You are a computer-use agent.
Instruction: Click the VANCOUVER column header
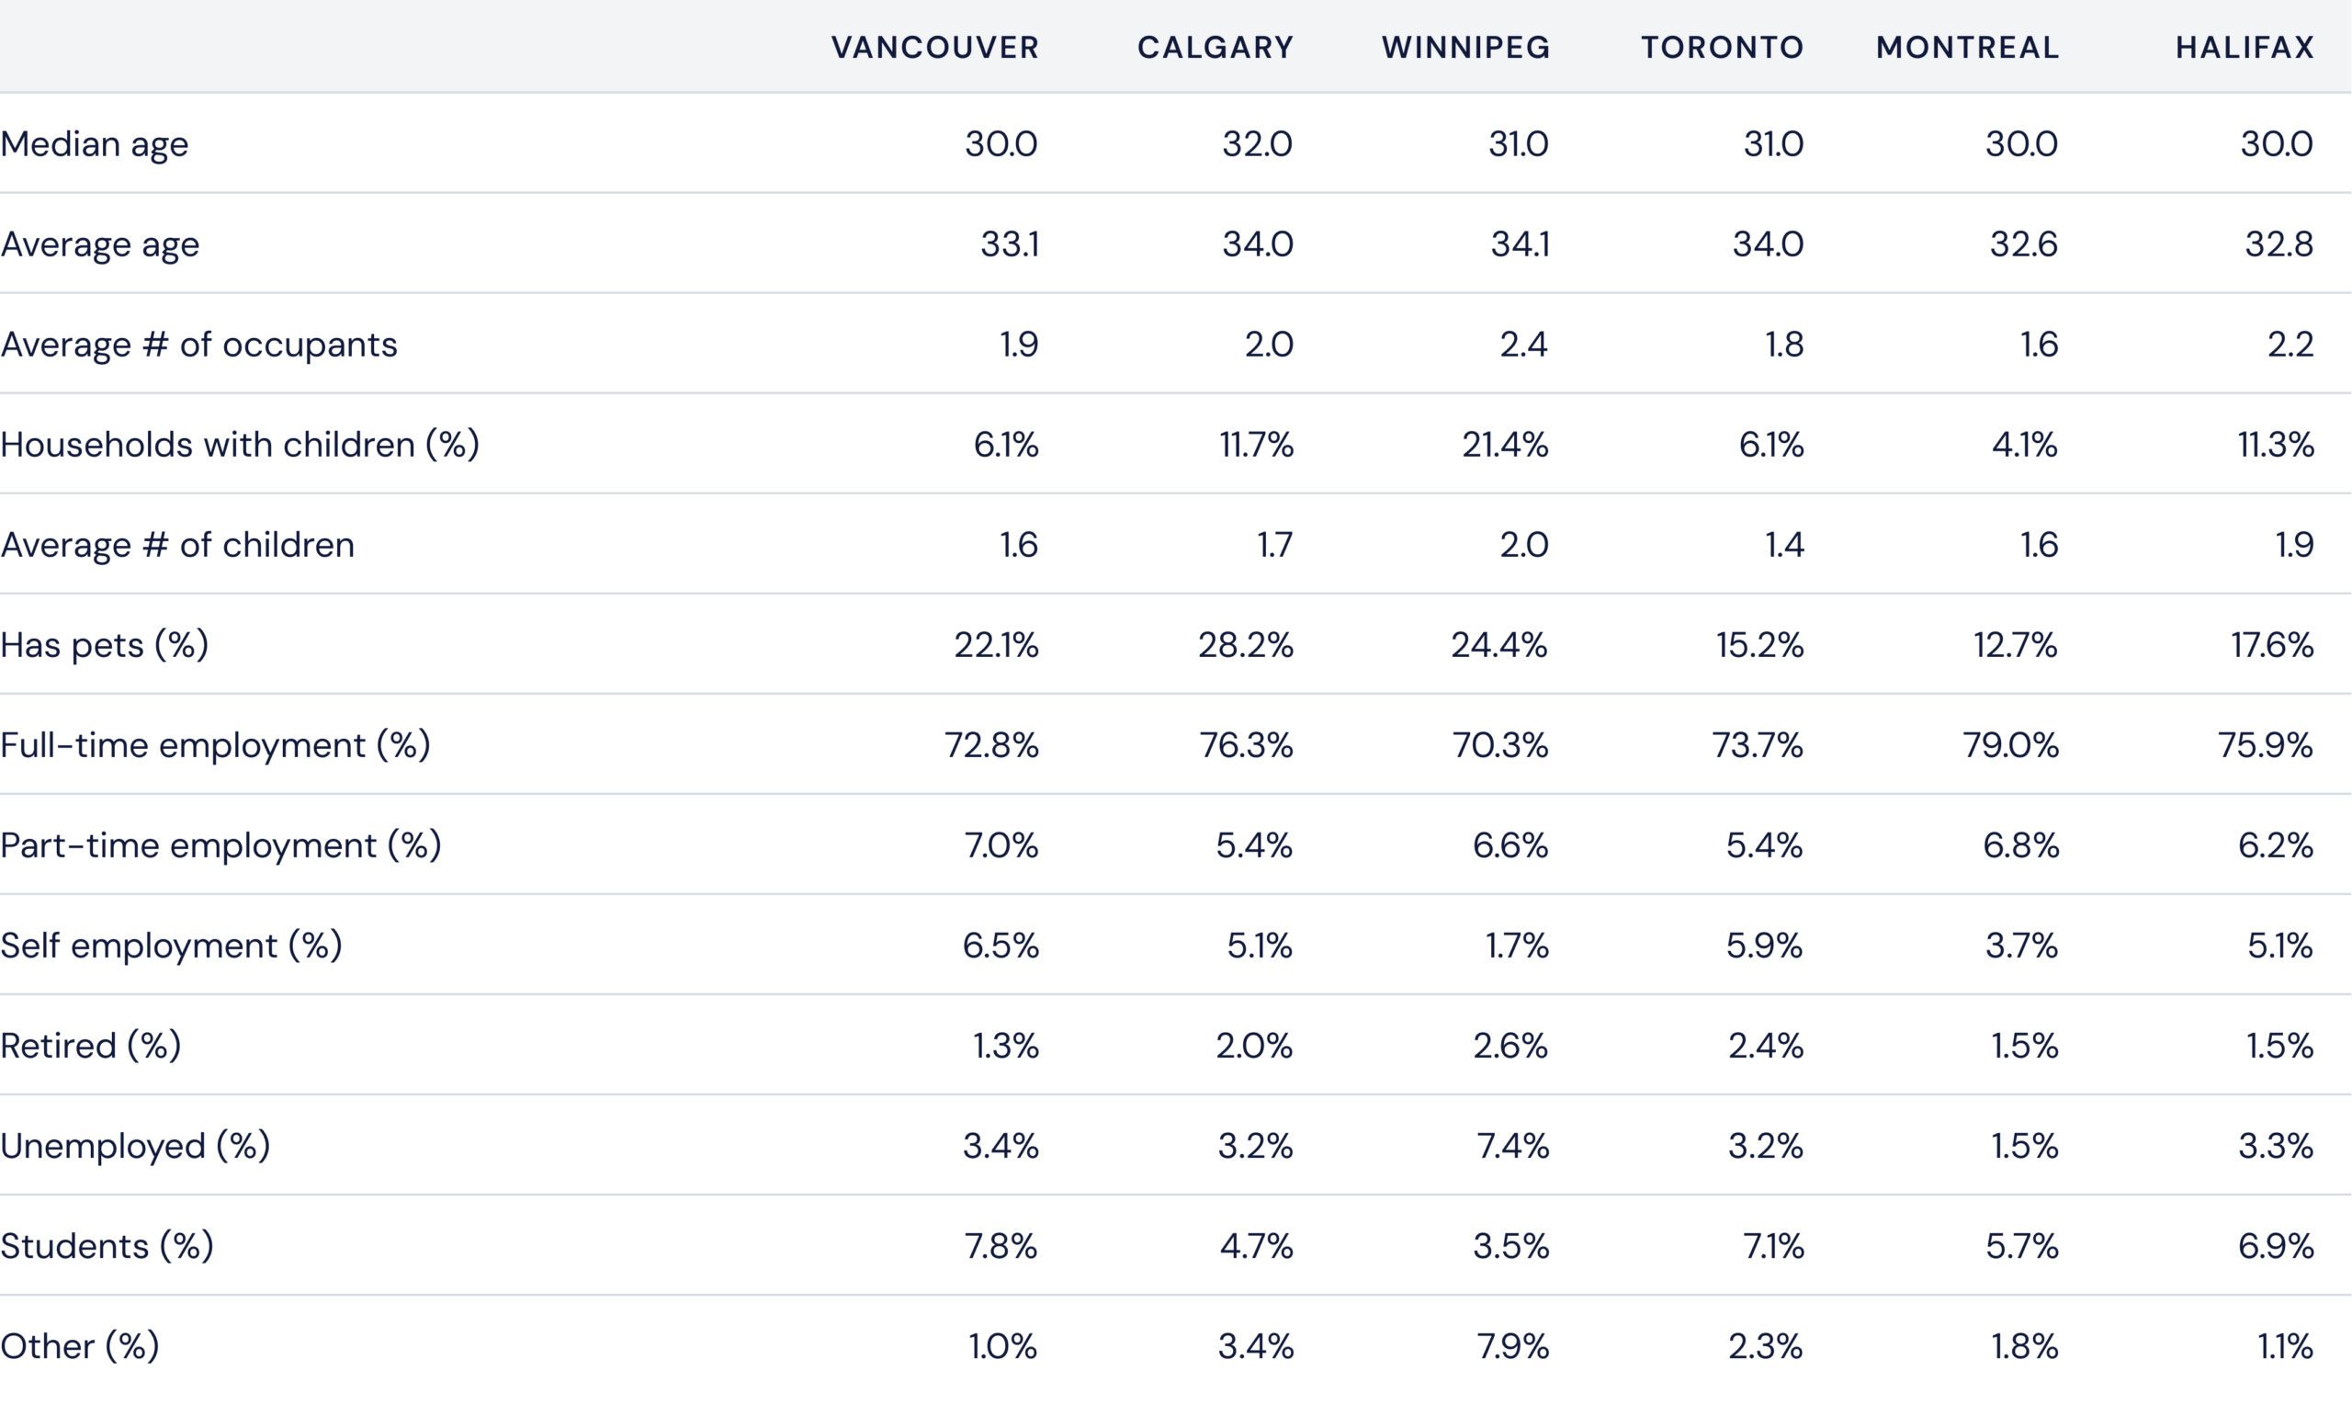click(935, 48)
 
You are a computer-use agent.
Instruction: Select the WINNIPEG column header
click(1466, 48)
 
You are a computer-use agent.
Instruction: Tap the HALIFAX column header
click(2245, 48)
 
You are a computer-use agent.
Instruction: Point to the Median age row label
click(95, 144)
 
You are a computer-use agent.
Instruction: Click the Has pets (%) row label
click(104, 645)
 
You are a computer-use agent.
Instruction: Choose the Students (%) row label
click(107, 1246)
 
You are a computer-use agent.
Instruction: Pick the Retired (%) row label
click(91, 1045)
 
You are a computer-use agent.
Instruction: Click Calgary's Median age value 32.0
click(1257, 144)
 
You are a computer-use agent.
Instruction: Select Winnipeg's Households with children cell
click(1505, 444)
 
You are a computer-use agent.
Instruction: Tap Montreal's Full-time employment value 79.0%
click(2010, 745)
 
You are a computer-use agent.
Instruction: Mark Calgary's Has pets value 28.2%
click(1246, 645)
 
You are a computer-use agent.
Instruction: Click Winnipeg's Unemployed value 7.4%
click(1512, 1146)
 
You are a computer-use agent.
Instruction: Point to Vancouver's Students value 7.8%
click(1001, 1246)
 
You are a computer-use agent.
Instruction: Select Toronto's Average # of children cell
click(1784, 544)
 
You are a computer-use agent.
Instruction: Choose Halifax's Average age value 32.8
click(2278, 244)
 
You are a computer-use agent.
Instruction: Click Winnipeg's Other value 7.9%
click(1512, 1346)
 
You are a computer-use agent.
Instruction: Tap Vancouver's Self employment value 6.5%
click(1001, 945)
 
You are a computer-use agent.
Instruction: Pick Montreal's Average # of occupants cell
click(2039, 345)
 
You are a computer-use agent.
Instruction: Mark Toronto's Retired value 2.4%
click(1765, 1045)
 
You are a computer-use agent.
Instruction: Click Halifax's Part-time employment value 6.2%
click(2276, 845)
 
